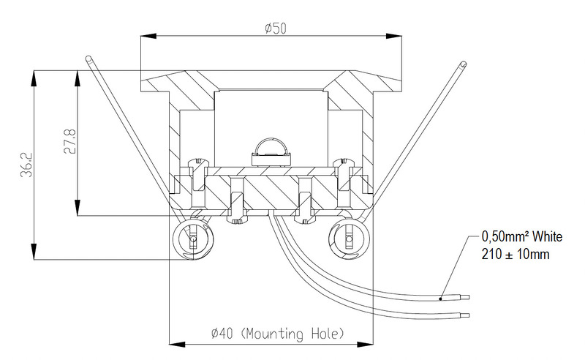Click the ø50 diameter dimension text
276,29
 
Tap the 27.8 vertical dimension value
69,141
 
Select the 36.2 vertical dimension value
26,165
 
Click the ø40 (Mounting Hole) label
277,333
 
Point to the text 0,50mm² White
521,236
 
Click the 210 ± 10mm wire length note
516,255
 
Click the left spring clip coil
193,239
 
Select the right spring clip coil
349,239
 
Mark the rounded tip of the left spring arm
88,59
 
